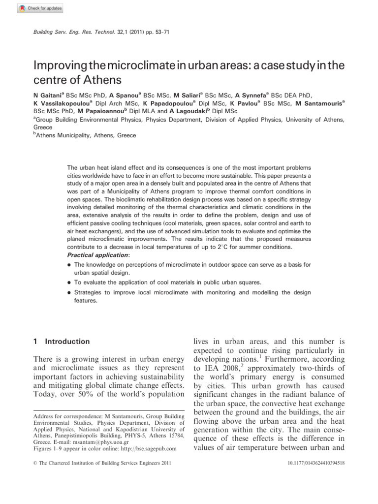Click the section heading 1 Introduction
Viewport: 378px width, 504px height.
[x=61, y=341]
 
